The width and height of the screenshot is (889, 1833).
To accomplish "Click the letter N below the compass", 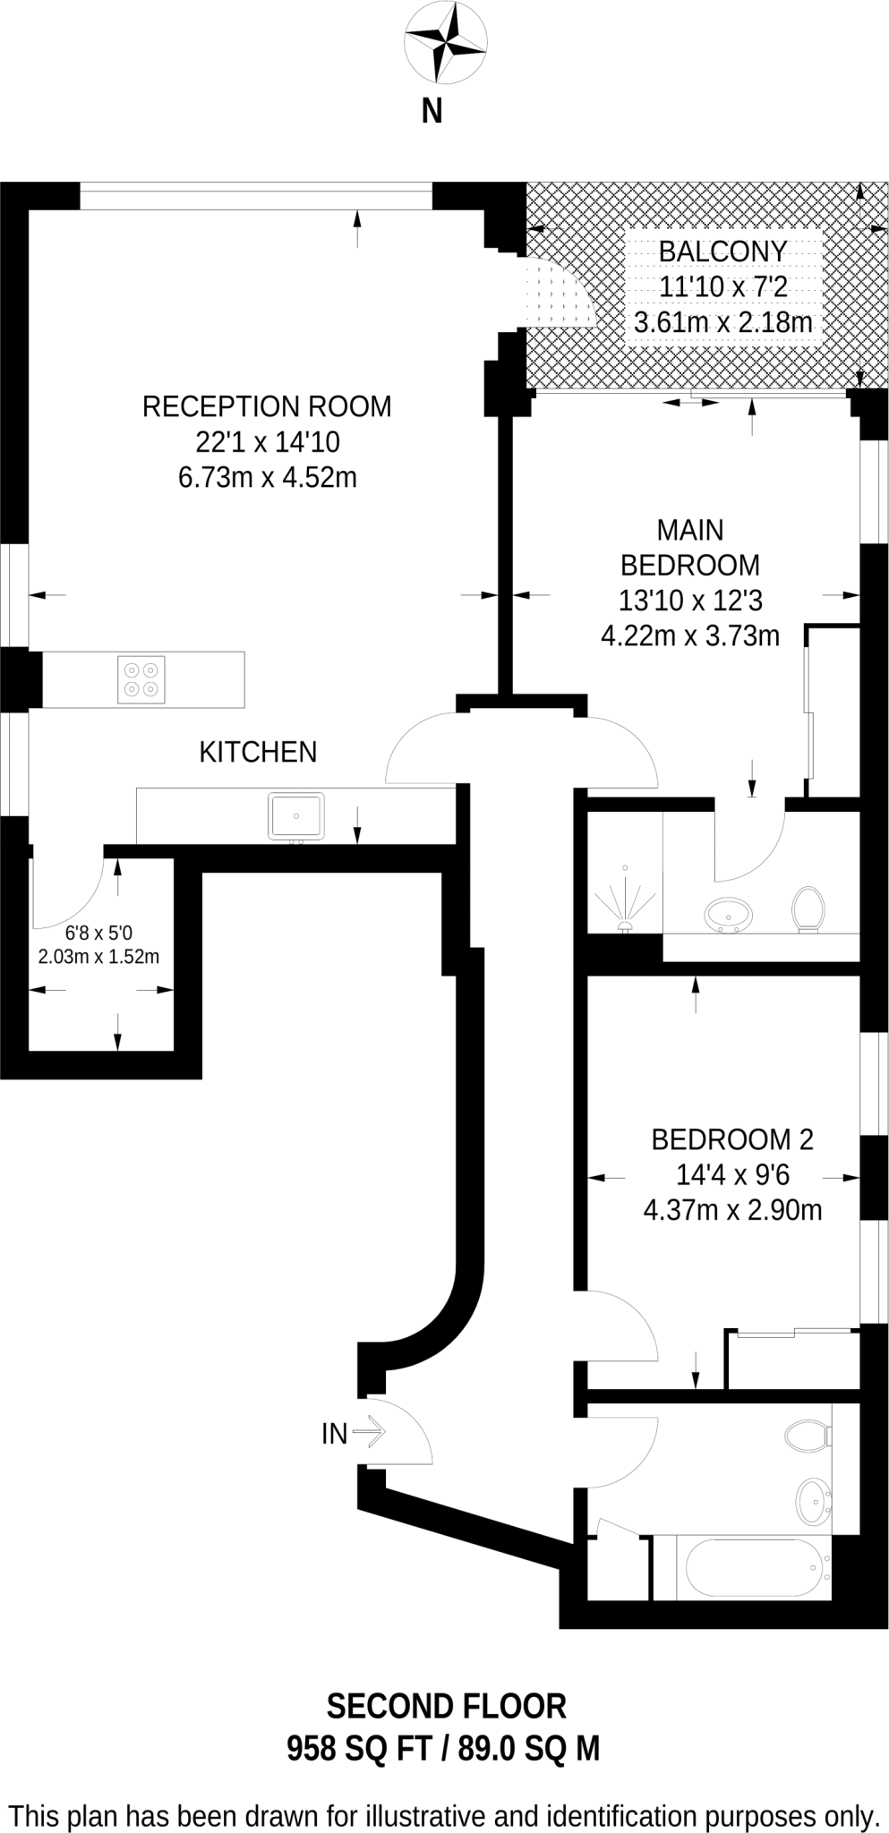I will [432, 111].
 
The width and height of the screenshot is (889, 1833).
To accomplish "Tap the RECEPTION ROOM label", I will [267, 406].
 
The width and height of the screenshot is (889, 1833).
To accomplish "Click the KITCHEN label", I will [258, 752].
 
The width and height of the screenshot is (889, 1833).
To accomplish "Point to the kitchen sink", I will [296, 816].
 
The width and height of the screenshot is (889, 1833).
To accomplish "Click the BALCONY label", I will [722, 252].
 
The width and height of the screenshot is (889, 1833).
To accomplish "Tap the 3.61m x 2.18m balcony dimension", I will [722, 322].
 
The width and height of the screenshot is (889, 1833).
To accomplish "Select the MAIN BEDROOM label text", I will [690, 548].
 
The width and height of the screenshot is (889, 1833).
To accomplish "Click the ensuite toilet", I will [808, 909].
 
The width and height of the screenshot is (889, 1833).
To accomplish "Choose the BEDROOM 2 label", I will [732, 1139].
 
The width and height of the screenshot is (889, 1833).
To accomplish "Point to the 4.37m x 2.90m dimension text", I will [732, 1211].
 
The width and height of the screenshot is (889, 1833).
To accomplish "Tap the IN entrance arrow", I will [368, 1434].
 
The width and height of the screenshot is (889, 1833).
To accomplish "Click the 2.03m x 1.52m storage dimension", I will [98, 957].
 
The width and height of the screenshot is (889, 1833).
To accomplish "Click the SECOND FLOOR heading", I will [446, 1706].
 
